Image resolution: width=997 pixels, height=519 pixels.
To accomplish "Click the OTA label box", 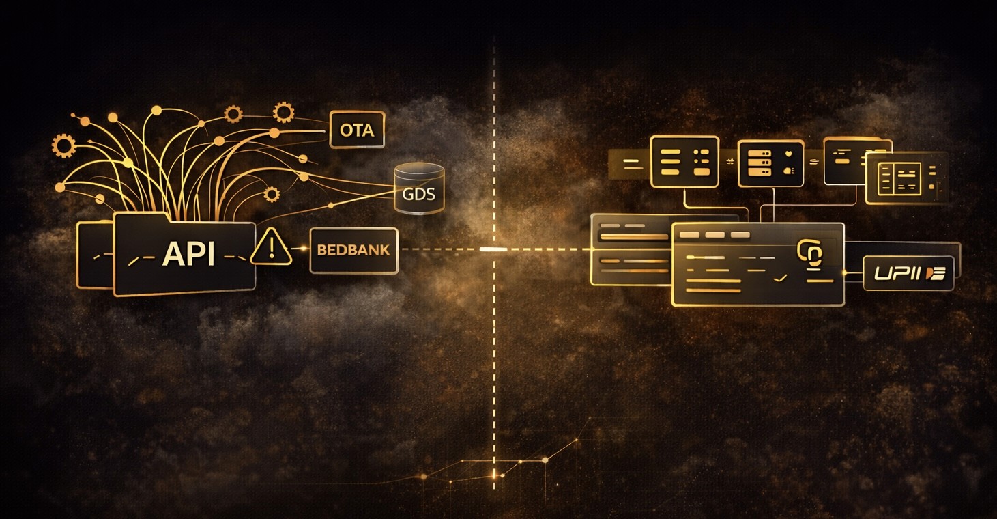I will [357, 130].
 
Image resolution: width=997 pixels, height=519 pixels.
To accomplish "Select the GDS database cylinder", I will [419, 187].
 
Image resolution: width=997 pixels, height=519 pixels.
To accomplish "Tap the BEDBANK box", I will [353, 250].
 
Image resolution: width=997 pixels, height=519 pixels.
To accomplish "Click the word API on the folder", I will [188, 255].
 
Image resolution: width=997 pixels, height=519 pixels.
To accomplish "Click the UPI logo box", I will [908, 273].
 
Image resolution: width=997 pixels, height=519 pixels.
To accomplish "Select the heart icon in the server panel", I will [790, 153].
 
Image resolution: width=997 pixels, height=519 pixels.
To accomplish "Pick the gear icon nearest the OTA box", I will [283, 113].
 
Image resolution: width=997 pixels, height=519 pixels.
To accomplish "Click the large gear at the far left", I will [63, 145].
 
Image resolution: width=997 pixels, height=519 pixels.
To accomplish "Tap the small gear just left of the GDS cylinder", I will [272, 195].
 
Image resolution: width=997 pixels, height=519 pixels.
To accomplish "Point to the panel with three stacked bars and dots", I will [684, 161].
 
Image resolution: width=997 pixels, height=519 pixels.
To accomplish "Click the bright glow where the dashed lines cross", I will [493, 249].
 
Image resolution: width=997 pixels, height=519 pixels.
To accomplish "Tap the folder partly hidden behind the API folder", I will [94, 254].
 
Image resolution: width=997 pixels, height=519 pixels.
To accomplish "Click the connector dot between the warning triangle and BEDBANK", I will [301, 249].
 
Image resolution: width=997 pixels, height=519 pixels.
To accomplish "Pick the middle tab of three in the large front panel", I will [714, 235].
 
